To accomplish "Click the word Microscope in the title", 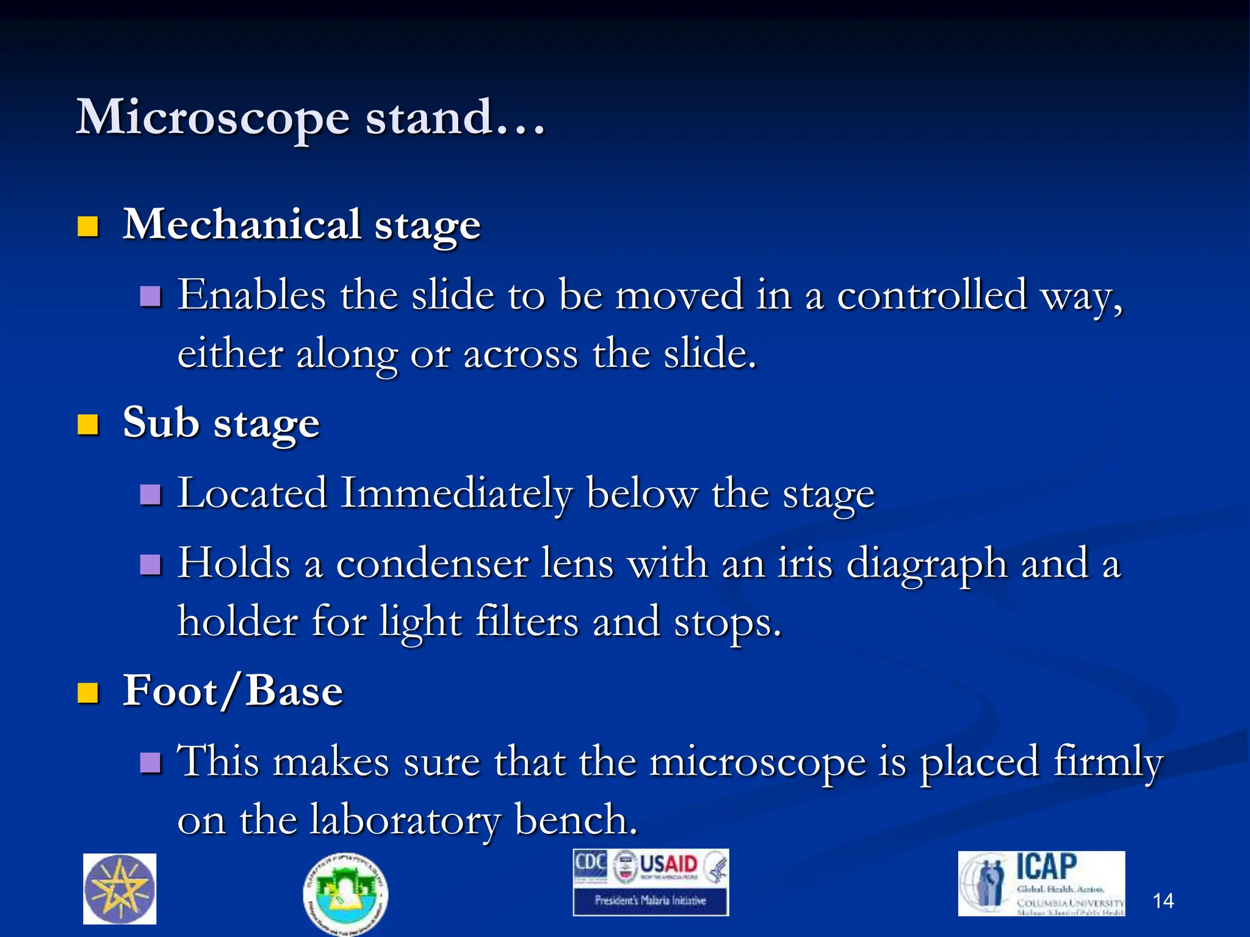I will pyautogui.click(x=213, y=118).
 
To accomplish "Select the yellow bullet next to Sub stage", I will pyautogui.click(x=89, y=425).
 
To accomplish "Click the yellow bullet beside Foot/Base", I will pyautogui.click(x=89, y=693).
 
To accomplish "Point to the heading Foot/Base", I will pyautogui.click(x=233, y=691).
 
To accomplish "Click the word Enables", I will pyautogui.click(x=251, y=296).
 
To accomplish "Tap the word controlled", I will pyautogui.click(x=932, y=296).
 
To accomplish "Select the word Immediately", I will pyautogui.click(x=456, y=493).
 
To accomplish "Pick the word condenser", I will pyautogui.click(x=432, y=564).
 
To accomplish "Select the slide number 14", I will pyautogui.click(x=1163, y=901).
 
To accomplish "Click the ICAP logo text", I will pyautogui.click(x=1046, y=867).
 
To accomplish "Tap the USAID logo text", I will pyautogui.click(x=668, y=864).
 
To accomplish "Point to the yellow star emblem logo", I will pyautogui.click(x=120, y=889).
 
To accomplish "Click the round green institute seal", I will pyautogui.click(x=345, y=894).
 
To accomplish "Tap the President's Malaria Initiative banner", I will pyautogui.click(x=651, y=900).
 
